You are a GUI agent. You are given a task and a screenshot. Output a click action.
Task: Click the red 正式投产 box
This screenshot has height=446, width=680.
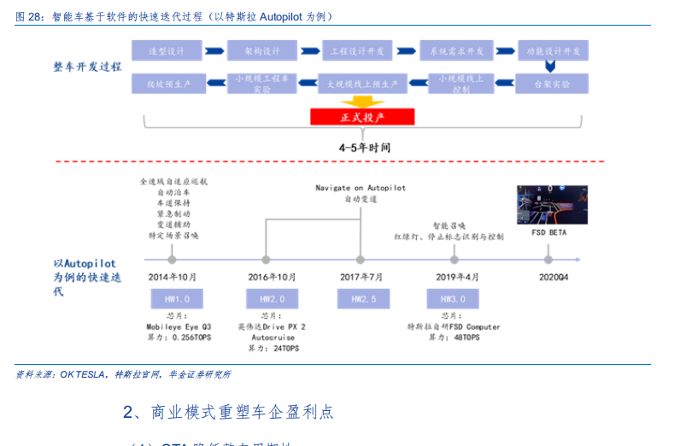[x=362, y=117]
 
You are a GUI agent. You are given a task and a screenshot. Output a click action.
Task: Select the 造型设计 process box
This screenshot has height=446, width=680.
[x=167, y=51]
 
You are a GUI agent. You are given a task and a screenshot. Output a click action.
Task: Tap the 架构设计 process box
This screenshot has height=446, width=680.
[x=262, y=51]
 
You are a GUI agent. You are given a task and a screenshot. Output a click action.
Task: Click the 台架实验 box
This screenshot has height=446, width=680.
[x=552, y=85]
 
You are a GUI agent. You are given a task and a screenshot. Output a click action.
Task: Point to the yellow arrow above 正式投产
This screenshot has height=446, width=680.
[x=362, y=101]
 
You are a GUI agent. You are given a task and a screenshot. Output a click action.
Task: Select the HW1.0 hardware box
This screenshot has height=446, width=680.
[x=172, y=300]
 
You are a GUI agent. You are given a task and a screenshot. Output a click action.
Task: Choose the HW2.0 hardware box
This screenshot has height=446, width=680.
[x=267, y=300]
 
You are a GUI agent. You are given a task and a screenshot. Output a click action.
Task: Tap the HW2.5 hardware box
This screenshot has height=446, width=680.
[x=362, y=300]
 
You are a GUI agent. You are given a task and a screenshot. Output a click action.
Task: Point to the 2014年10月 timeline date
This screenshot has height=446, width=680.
[x=172, y=278]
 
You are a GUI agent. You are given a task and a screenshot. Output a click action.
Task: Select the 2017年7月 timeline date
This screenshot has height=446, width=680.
[x=362, y=278]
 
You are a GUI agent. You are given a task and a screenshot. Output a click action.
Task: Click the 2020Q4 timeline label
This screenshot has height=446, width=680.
[x=553, y=278]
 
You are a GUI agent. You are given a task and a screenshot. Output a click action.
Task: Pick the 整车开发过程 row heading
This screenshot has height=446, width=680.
[x=87, y=66]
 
